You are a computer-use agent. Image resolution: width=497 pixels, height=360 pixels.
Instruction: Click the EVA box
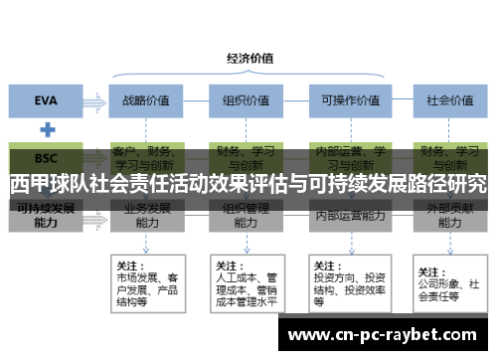tap(46, 99)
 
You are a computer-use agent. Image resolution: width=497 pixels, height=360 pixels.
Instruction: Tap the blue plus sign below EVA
tap(46, 129)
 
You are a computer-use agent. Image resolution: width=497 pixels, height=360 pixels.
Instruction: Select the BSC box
tap(46, 157)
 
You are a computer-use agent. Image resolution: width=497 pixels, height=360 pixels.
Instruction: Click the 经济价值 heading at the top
tap(250, 57)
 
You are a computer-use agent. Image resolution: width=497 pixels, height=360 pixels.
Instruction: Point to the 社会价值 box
tap(447, 99)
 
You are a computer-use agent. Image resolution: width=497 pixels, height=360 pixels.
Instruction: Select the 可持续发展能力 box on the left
tap(46, 216)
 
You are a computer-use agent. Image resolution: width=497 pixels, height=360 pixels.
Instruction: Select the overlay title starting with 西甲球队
tap(248, 184)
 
